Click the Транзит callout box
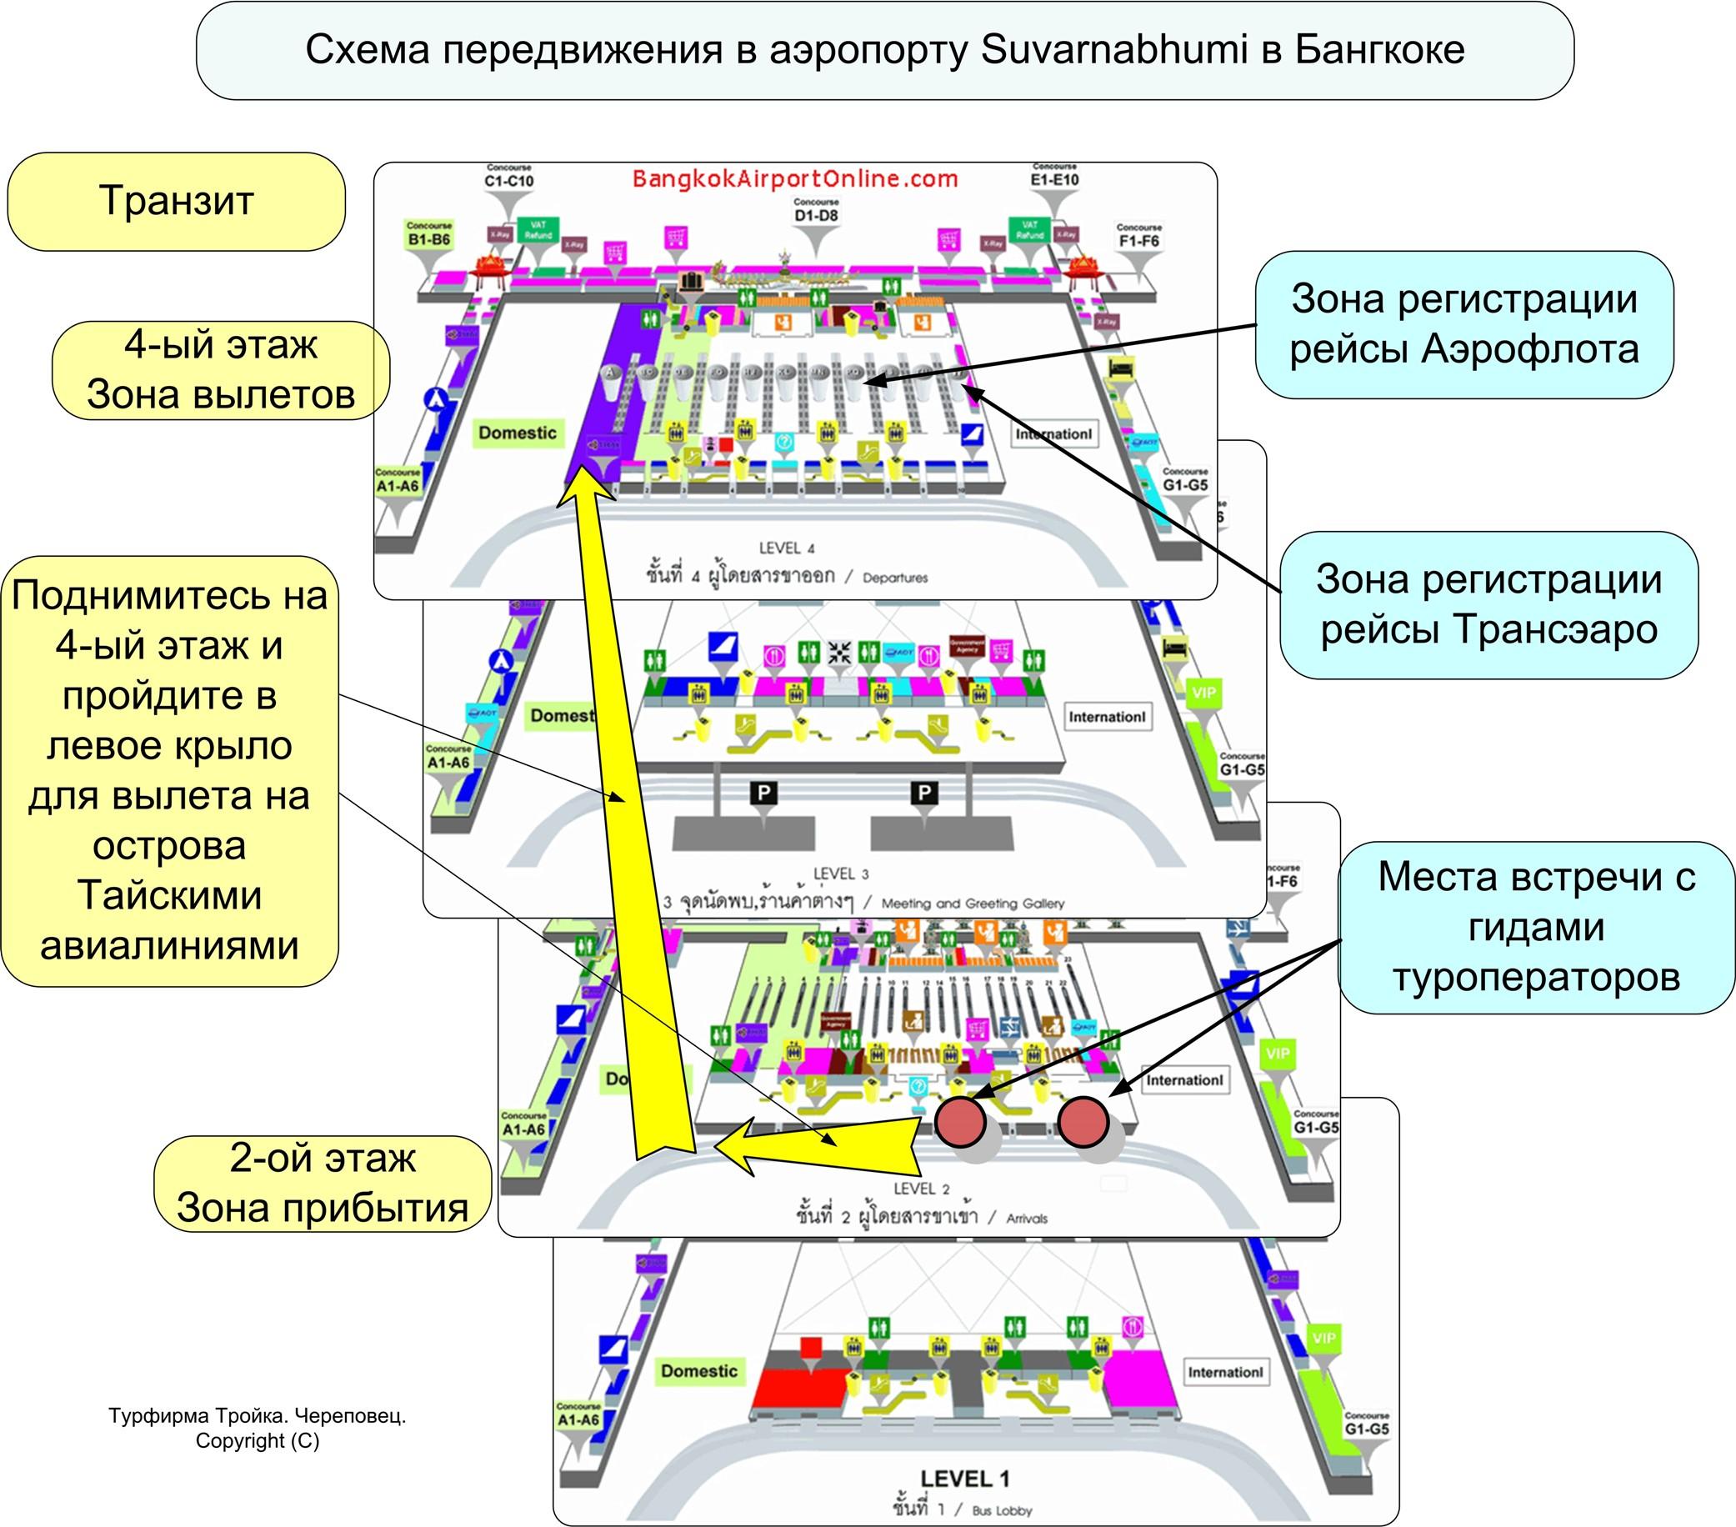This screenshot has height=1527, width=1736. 177,201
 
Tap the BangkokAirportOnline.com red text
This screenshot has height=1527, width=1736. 795,178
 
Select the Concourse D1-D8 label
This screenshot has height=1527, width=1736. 816,212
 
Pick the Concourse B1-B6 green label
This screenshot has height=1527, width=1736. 429,235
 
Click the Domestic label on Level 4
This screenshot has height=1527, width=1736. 518,433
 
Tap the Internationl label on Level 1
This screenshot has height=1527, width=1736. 1225,1372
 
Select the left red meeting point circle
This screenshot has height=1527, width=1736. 961,1122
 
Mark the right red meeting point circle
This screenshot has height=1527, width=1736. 1083,1122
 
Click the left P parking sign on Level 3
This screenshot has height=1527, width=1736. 763,794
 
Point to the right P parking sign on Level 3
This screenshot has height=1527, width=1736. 923,794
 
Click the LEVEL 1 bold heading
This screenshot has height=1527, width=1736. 965,1479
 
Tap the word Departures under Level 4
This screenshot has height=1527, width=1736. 895,578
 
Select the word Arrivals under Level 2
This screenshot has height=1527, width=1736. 1027,1219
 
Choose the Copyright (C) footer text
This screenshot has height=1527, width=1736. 258,1441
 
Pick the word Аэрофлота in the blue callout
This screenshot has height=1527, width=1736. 1529,349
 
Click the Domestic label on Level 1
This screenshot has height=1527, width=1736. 699,1371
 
